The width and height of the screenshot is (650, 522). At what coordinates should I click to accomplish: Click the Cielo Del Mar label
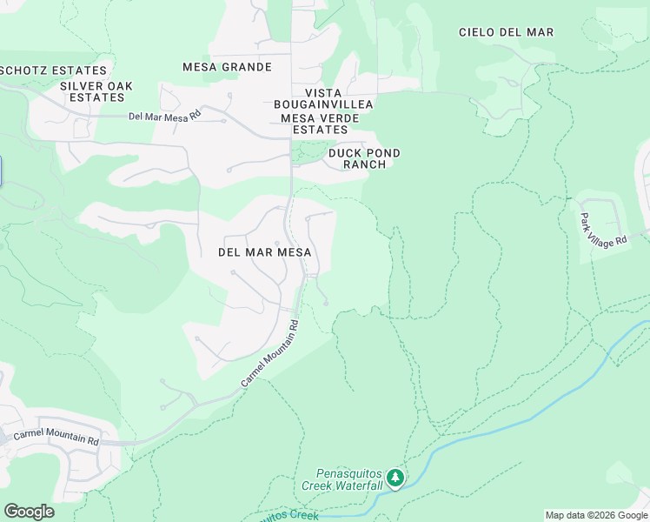pos(506,32)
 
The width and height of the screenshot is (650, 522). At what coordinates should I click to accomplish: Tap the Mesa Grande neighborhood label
pos(227,67)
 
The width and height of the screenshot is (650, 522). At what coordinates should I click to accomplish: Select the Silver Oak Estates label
pos(96,91)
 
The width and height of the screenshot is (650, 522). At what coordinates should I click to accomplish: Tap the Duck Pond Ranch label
pos(364,158)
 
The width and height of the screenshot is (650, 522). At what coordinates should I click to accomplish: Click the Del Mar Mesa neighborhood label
pos(263,251)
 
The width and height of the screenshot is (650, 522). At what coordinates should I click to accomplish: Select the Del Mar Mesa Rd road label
pos(164,115)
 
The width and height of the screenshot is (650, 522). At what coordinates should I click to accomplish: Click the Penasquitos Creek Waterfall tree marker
pos(395,478)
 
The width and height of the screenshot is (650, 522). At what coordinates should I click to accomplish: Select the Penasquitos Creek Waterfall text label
pos(342,479)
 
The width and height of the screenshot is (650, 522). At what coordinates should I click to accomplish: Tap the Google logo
pos(29,512)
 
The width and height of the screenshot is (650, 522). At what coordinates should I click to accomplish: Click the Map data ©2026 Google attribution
pos(596,515)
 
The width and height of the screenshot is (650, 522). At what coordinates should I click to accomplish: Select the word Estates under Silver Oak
pos(96,97)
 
